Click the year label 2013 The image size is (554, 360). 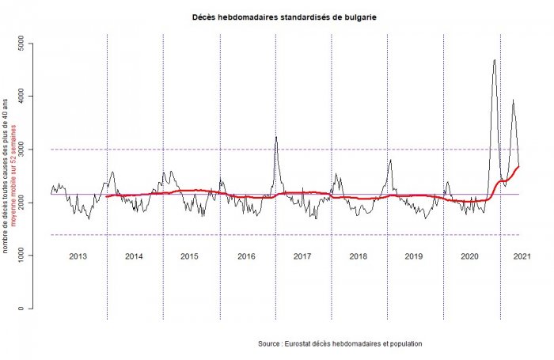pyautogui.click(x=78, y=256)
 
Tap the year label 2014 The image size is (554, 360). pyautogui.click(x=134, y=256)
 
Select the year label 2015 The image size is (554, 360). pyautogui.click(x=189, y=256)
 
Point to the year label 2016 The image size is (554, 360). pyautogui.click(x=246, y=256)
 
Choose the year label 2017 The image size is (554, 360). pyautogui.click(x=302, y=256)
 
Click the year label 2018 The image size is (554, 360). pyautogui.click(x=358, y=256)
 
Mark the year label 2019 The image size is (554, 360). pyautogui.click(x=414, y=256)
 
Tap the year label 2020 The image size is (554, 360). pyautogui.click(x=470, y=256)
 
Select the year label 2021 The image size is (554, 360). pyautogui.click(x=522, y=256)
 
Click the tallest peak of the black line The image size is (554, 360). pyautogui.click(x=494, y=60)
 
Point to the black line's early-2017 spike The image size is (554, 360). pyautogui.click(x=275, y=138)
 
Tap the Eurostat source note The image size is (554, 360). pyautogui.click(x=340, y=344)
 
